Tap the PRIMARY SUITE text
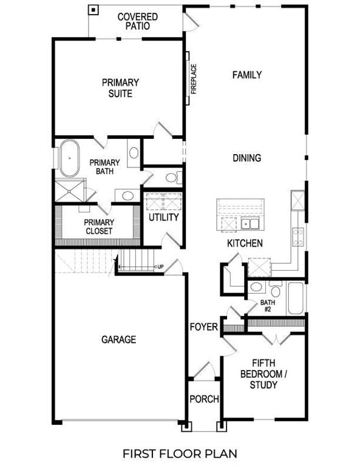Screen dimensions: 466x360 [x=120, y=88]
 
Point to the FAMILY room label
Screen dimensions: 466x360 [x=247, y=75]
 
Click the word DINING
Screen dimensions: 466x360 [x=247, y=158]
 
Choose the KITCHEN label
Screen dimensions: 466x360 [x=245, y=243]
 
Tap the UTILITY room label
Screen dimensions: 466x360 [x=164, y=217]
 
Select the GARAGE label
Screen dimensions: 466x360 [x=119, y=340]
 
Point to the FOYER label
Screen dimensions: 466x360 [x=203, y=328]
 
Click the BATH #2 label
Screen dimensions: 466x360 [x=268, y=305]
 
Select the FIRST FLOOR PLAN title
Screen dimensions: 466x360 [x=180, y=453]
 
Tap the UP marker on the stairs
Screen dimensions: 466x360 [x=160, y=267]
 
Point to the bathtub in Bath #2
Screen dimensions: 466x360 [x=295, y=298]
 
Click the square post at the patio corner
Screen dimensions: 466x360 [x=93, y=10]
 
